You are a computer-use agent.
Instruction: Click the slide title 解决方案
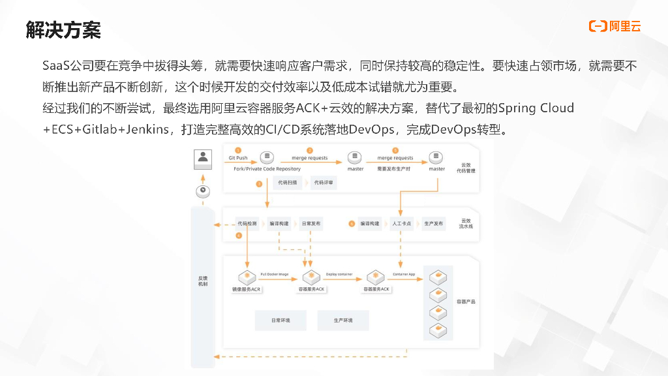(63, 29)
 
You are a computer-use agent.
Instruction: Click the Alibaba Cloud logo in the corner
(615, 26)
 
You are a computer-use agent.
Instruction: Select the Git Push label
(238, 158)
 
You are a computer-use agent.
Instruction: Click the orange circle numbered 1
(239, 150)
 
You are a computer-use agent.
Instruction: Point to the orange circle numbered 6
(352, 224)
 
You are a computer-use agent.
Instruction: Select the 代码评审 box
(324, 183)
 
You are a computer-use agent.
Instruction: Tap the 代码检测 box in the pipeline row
(247, 224)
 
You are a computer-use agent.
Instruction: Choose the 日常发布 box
(311, 224)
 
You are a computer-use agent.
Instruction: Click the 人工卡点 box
(401, 224)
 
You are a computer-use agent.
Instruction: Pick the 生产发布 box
(434, 224)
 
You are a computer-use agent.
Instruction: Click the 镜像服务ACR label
(247, 289)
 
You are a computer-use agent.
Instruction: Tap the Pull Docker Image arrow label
(275, 274)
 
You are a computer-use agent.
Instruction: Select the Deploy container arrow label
(339, 274)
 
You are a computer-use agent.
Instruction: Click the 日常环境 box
(281, 321)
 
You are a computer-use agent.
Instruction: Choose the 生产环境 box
(343, 321)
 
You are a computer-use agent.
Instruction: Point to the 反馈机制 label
(203, 281)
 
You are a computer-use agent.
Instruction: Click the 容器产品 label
(466, 302)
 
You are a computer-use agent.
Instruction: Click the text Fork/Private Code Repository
(267, 168)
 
